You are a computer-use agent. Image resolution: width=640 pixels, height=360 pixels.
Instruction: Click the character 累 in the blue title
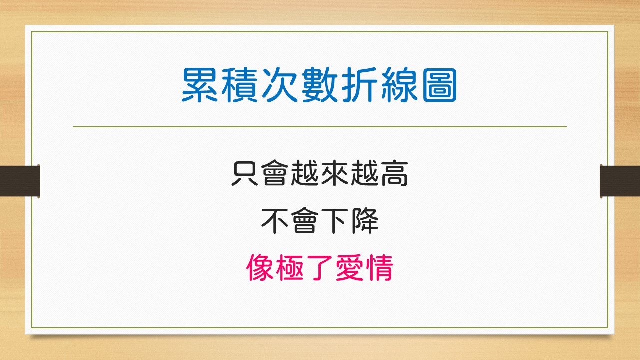coord(199,85)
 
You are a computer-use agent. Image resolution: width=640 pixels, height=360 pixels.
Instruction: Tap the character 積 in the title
coord(239,85)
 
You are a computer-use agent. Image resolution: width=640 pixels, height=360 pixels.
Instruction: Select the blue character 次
coord(280,85)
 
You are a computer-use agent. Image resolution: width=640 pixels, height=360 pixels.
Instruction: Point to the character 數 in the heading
coord(319,85)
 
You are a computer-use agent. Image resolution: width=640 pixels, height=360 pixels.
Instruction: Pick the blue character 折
coord(360,85)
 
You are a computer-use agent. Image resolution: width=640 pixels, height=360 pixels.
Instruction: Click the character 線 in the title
coord(400,85)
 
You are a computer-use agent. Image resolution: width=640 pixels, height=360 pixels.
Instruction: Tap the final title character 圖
coord(439,85)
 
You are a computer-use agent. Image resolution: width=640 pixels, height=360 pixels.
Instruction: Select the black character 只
coord(245,173)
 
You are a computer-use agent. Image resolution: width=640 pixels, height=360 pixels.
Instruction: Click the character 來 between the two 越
coord(334,173)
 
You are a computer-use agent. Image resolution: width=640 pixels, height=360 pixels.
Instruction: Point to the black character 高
coord(394,173)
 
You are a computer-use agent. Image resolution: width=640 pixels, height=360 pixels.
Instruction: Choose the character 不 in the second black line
coord(275,221)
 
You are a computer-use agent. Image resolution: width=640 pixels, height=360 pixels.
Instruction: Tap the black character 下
coord(334,221)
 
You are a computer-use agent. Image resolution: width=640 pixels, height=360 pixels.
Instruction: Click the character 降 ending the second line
coord(365,221)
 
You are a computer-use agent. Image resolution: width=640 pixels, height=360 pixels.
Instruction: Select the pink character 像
coord(260,267)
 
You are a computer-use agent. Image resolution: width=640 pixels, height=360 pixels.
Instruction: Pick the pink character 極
coord(290,267)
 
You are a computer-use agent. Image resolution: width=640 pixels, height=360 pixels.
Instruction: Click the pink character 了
coord(320,267)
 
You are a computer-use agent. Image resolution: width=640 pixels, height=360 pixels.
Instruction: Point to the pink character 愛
coord(350,267)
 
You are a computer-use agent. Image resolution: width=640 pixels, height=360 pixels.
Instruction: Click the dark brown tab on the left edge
coord(19,181)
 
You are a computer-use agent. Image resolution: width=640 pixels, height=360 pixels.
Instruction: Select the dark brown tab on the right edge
coord(620,181)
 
